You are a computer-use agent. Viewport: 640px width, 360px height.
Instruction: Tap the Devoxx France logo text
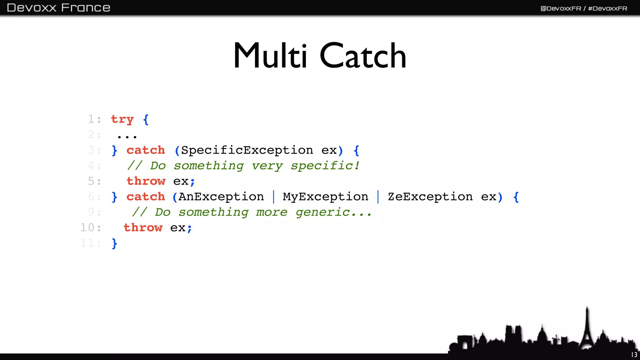58,7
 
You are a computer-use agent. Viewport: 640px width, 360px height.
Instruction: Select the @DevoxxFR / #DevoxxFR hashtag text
584,8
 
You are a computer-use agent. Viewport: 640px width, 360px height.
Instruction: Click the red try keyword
122,119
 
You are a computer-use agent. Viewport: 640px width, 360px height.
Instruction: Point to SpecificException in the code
247,150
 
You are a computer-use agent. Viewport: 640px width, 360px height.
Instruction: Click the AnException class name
221,197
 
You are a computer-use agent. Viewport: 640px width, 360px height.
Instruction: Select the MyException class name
325,197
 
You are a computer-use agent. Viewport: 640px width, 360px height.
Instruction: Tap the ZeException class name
430,197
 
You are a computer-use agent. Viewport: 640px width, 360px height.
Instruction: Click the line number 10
87,227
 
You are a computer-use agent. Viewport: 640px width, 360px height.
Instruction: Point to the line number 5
91,181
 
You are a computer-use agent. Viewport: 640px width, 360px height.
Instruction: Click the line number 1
91,119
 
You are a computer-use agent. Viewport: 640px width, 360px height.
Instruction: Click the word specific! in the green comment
325,166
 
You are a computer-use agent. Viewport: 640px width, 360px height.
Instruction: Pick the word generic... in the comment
333,212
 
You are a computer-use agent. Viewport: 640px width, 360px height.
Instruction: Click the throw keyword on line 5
146,181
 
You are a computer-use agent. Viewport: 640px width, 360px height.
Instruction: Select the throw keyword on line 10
143,227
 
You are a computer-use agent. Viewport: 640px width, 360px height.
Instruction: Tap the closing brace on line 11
114,243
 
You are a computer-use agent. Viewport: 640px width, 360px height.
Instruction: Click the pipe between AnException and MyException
274,197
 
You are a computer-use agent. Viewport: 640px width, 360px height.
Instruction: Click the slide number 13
634,355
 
